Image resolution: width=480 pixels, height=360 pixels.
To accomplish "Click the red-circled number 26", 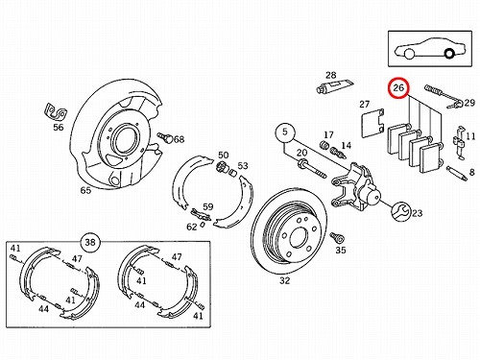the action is [398, 87].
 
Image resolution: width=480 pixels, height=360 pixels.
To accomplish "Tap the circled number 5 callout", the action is [285, 132].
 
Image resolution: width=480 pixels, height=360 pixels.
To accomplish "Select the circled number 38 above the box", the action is [90, 242].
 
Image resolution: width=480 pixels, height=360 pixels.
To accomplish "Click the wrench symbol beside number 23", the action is [400, 211].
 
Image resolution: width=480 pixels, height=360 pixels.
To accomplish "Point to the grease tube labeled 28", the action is [335, 85].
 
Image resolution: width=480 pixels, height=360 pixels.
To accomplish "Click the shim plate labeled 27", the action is [372, 123].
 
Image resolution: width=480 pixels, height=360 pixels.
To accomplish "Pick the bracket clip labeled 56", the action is [55, 111].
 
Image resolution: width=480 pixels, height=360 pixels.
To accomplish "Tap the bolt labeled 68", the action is [165, 137].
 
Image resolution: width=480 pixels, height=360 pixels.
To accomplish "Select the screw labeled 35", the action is [337, 237].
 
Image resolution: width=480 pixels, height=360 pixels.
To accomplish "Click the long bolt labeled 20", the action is [312, 170].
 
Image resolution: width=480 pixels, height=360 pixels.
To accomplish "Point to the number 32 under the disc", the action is [284, 280].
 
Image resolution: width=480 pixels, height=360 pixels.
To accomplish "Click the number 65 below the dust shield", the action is [85, 190].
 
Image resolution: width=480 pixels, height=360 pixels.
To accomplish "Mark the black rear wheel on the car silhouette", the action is [449, 53].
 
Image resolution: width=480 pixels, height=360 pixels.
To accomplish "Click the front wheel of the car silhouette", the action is [409, 54].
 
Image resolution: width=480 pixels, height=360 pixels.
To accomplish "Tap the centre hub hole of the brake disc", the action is [299, 237].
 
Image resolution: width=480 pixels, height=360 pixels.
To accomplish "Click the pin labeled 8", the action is [457, 173].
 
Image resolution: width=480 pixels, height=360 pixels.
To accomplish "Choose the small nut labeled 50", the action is [221, 166].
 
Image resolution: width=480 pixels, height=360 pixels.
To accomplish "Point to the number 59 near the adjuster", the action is [207, 206].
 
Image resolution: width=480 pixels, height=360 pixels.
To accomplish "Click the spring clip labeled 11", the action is [459, 142].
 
